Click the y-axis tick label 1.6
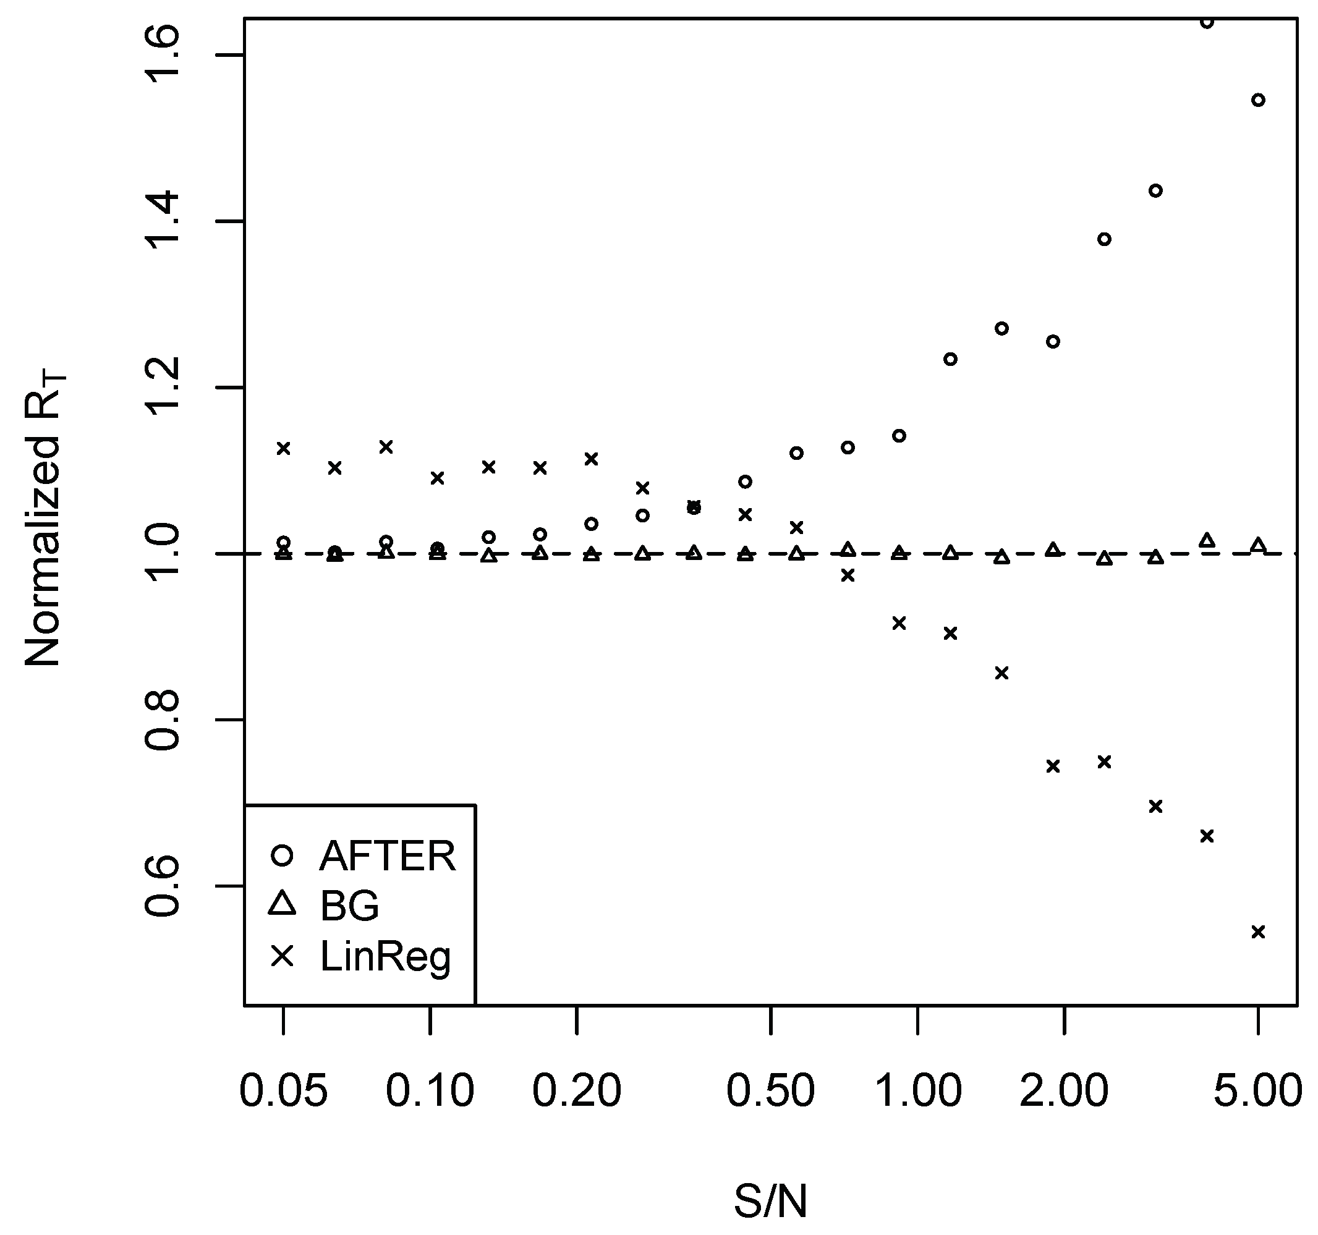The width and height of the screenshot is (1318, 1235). pyautogui.click(x=162, y=54)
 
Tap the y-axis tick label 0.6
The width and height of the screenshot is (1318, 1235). pyautogui.click(x=162, y=886)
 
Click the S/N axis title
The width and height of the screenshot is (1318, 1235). pyautogui.click(x=770, y=1201)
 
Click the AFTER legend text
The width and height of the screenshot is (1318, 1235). pyautogui.click(x=388, y=856)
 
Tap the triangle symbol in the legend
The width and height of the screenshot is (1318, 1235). pyautogui.click(x=283, y=904)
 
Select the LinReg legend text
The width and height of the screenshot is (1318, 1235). pyautogui.click(x=385, y=957)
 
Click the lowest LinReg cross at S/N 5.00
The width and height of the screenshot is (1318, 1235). pyautogui.click(x=1257, y=932)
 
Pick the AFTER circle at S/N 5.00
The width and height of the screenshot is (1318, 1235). pyautogui.click(x=1257, y=100)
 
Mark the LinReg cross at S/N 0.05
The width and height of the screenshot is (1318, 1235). pyautogui.click(x=283, y=449)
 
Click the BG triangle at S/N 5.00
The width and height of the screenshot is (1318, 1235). pyautogui.click(x=1257, y=546)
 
